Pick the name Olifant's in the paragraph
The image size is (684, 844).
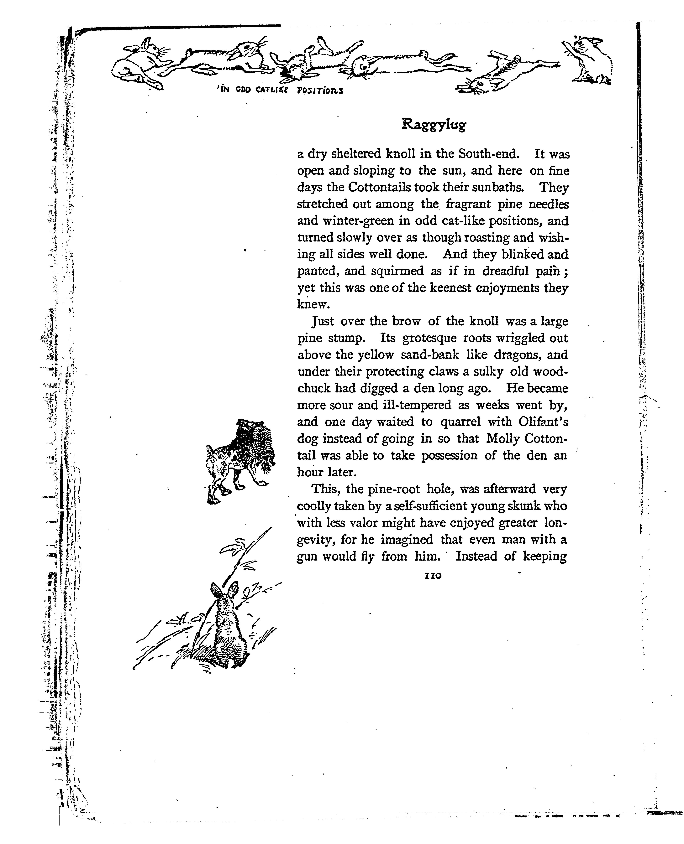pyautogui.click(x=543, y=422)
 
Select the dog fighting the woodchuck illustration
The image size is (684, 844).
pyautogui.click(x=239, y=457)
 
